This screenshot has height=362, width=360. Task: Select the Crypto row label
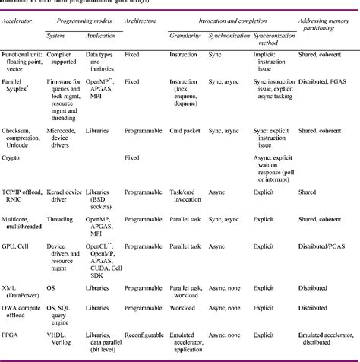coord(13,157)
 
